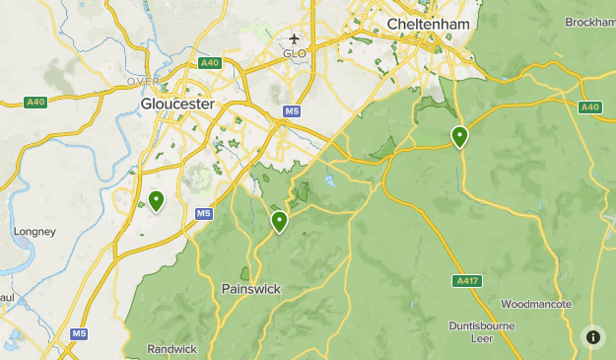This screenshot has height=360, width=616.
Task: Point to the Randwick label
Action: point(172,349)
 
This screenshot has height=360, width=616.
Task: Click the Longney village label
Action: point(34,232)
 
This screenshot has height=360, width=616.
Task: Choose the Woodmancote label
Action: point(536,304)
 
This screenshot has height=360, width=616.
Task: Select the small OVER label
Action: point(143,81)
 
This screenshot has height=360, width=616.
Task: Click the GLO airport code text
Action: point(295,53)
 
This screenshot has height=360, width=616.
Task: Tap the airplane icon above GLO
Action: point(295,39)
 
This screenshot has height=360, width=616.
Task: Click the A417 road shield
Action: point(468,281)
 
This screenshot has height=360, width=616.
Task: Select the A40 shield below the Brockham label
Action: point(590,107)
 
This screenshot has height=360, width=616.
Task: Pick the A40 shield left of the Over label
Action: point(35,102)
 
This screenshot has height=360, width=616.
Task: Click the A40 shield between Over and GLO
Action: point(208,63)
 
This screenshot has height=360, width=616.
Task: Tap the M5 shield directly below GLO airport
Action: point(291,111)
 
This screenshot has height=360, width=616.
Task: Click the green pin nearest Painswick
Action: point(280,221)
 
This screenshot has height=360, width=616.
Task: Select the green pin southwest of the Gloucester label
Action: point(156,201)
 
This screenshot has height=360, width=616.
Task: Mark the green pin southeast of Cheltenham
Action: point(459,136)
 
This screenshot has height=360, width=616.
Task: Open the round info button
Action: point(593,337)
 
